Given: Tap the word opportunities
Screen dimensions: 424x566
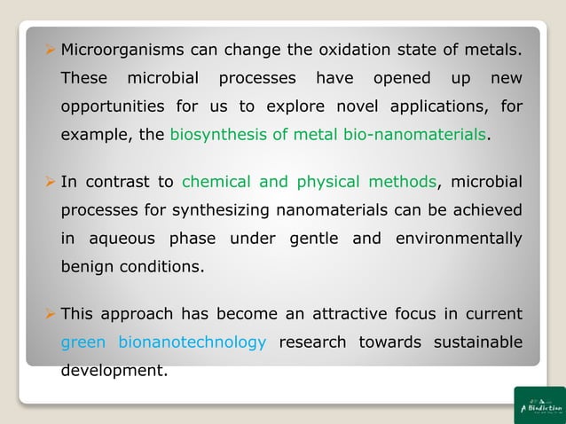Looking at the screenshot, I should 112,106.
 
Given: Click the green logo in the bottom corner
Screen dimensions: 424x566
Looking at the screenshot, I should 539,405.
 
